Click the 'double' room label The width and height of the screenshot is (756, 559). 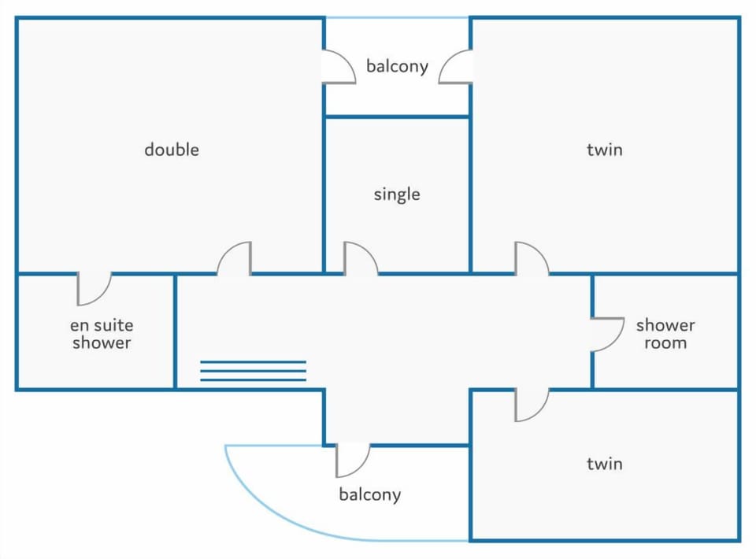172,150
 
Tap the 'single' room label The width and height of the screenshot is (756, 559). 397,194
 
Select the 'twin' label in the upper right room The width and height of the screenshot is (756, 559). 605,150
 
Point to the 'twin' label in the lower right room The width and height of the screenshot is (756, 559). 605,464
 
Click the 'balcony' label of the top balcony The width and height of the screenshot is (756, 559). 397,66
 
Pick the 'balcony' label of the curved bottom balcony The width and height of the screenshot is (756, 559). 370,494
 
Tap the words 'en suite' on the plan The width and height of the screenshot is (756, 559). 102,325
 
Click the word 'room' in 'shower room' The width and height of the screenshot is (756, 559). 665,343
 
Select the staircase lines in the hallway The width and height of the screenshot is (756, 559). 253,371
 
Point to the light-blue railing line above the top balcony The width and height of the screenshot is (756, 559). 397,18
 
